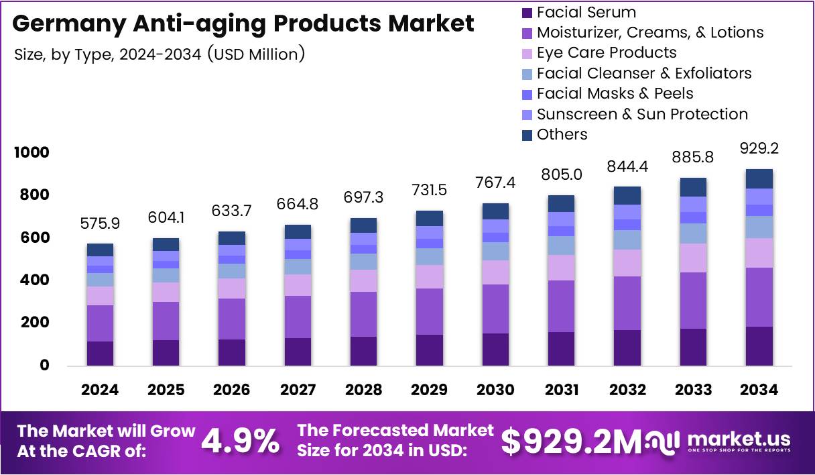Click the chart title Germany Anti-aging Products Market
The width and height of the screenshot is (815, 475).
pyautogui.click(x=243, y=23)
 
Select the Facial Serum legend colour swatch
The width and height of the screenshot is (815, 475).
pyautogui.click(x=527, y=12)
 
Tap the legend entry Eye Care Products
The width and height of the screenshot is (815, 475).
pyautogui.click(x=607, y=53)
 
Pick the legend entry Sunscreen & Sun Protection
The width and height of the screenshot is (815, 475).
pyautogui.click(x=642, y=115)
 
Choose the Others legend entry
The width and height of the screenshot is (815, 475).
pyautogui.click(x=562, y=135)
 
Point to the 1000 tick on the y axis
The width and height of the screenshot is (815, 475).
pyautogui.click(x=32, y=153)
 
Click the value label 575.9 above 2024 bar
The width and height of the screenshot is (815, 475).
pyautogui.click(x=100, y=223)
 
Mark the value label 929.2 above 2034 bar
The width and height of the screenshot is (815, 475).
pyautogui.click(x=759, y=149)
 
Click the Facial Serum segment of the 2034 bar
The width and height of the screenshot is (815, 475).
pyautogui.click(x=759, y=346)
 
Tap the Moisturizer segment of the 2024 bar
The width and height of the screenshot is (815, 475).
pyautogui.click(x=100, y=323)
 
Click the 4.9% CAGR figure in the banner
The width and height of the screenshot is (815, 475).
pyautogui.click(x=241, y=441)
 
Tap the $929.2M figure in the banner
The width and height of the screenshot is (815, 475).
pyautogui.click(x=571, y=441)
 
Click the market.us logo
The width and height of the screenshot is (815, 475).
pyautogui.click(x=720, y=441)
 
